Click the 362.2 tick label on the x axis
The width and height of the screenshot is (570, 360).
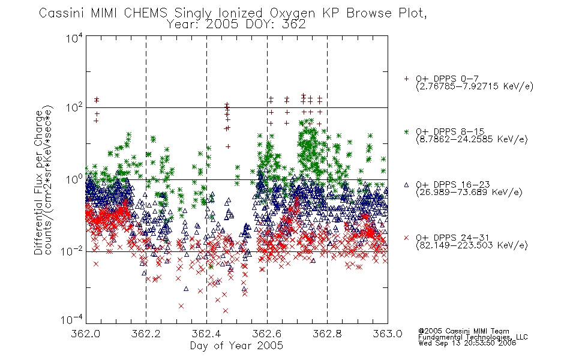coord(146,334)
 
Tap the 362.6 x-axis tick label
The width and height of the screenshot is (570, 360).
coord(267,334)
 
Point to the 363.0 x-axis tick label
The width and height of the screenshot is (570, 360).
coord(388,334)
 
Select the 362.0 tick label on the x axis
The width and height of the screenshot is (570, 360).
coord(85,334)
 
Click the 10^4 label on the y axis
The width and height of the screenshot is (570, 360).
coord(74,38)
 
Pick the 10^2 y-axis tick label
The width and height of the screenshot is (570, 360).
coord(74,108)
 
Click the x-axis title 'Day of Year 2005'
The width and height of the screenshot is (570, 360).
coord(236,346)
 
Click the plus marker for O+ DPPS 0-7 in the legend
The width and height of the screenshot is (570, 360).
coord(406,79)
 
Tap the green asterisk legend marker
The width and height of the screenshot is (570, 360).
coord(406,131)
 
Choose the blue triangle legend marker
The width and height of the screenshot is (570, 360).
coord(406,185)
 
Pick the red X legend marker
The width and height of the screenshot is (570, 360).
coord(406,238)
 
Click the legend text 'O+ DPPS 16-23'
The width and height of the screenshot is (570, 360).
coord(452,185)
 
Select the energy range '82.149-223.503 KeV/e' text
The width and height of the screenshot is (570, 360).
coord(472,245)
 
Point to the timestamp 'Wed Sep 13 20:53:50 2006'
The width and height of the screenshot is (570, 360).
coord(467,343)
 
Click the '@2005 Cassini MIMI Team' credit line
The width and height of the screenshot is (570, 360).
coord(463,331)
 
